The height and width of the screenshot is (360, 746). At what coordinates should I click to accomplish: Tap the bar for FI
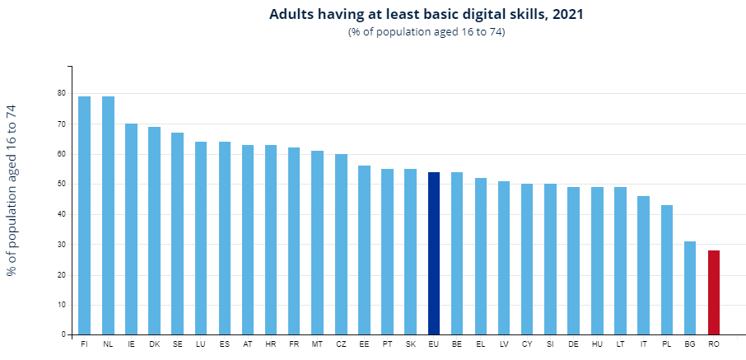pyautogui.click(x=84, y=216)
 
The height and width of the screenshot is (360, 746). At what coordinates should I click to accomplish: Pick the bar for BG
pyautogui.click(x=690, y=288)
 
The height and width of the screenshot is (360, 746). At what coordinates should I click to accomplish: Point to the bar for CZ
pyautogui.click(x=341, y=245)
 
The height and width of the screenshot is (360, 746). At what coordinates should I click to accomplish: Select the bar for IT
pyautogui.click(x=644, y=265)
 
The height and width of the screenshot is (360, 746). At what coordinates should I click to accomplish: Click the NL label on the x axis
pyautogui.click(x=108, y=344)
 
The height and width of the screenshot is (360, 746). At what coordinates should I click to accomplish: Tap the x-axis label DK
pyautogui.click(x=154, y=344)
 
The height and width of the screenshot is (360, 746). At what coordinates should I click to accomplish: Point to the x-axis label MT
pyautogui.click(x=317, y=344)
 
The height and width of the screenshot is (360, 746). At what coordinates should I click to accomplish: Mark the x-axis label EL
pyautogui.click(x=481, y=344)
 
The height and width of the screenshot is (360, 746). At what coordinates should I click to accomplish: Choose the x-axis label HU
pyautogui.click(x=597, y=344)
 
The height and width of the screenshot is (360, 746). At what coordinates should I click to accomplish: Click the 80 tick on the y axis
pyautogui.click(x=61, y=93)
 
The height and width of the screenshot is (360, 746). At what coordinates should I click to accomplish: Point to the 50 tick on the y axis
pyautogui.click(x=61, y=185)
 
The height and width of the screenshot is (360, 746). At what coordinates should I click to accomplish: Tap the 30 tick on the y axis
pyautogui.click(x=61, y=245)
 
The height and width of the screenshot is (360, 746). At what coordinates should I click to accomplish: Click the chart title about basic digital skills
pyautogui.click(x=427, y=15)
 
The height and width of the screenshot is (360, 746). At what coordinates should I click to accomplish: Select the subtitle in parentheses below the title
pyautogui.click(x=427, y=32)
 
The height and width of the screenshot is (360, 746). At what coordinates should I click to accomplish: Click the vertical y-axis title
pyautogui.click(x=12, y=190)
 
